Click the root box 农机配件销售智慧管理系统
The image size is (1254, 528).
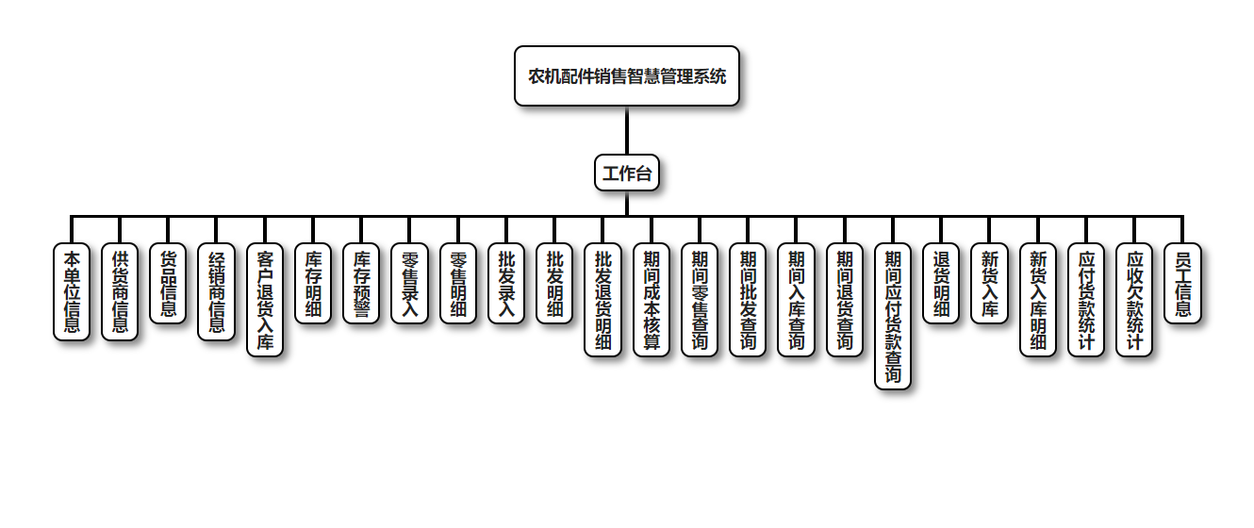click(x=626, y=76)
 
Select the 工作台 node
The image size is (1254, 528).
click(x=626, y=173)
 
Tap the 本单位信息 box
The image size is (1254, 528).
click(x=72, y=292)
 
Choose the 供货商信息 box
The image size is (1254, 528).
click(x=120, y=292)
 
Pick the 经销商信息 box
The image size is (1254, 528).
click(x=216, y=292)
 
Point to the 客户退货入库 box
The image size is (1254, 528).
click(x=265, y=301)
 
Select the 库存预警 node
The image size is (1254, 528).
click(x=361, y=284)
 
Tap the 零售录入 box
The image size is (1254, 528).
click(x=409, y=284)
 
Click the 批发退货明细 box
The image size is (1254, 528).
click(x=602, y=301)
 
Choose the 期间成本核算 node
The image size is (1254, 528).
click(x=651, y=301)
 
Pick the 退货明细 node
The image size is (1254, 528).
click(x=940, y=284)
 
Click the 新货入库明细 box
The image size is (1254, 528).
click(x=1038, y=301)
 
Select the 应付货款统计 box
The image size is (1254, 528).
click(x=1086, y=301)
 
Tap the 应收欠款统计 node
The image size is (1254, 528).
click(x=1134, y=301)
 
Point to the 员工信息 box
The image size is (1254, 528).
click(x=1182, y=284)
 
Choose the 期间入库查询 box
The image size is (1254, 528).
click(x=796, y=301)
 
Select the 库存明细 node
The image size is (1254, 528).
click(x=313, y=284)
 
